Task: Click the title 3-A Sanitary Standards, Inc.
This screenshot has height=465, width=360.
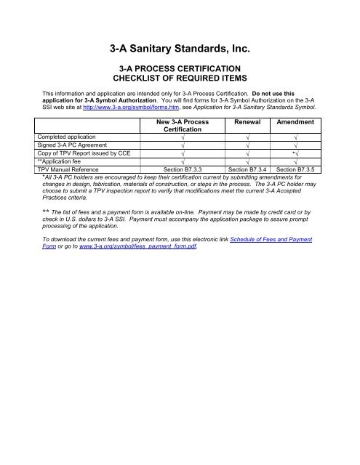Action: point(180,50)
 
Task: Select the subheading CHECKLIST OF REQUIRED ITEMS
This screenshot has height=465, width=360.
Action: point(180,79)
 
